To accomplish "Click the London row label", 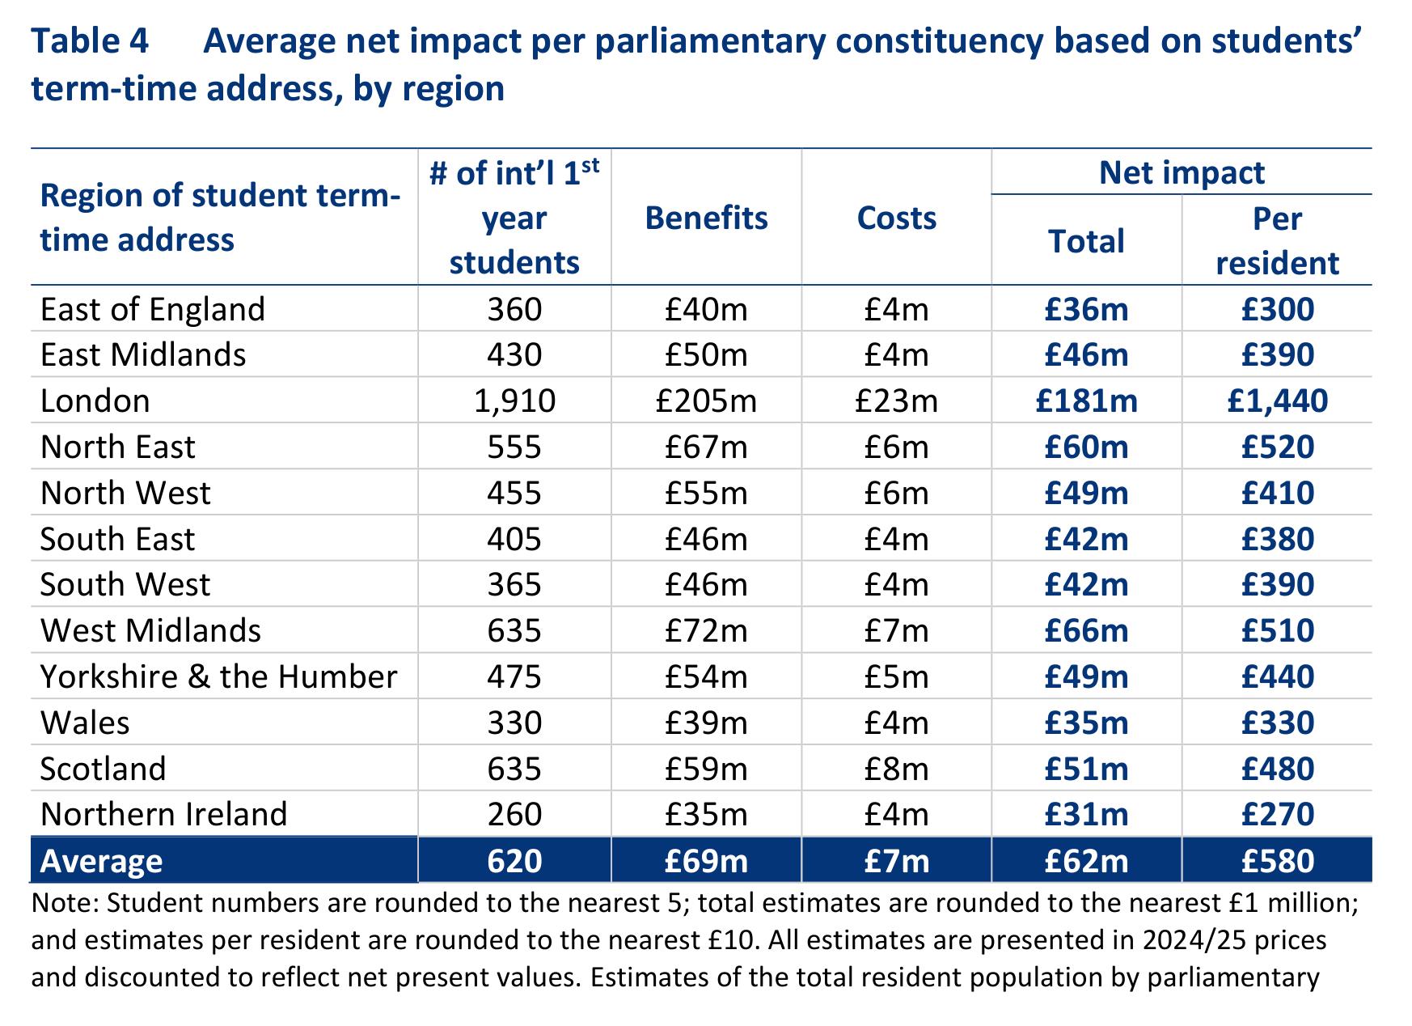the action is click(x=95, y=401).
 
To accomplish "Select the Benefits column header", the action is click(x=706, y=218).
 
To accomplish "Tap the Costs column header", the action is click(x=896, y=218).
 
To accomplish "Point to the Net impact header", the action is click(x=1182, y=172).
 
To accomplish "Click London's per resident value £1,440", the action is click(x=1278, y=401).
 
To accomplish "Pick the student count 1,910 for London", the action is click(x=514, y=401).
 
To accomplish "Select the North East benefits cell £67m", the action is click(x=706, y=447).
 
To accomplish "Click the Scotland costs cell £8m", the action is click(x=896, y=768).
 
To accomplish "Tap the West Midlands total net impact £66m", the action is click(x=1086, y=630).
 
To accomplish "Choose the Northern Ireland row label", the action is click(x=164, y=814).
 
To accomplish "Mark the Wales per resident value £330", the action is click(x=1278, y=723).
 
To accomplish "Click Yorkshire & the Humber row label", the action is click(x=219, y=676).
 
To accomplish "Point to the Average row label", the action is click(x=102, y=861).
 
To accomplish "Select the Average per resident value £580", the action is click(x=1278, y=861).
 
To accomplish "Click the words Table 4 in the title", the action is click(x=90, y=41).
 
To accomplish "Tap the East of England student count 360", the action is click(x=514, y=309).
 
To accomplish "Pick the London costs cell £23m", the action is click(x=896, y=401).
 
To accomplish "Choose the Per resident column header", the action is click(x=1278, y=241).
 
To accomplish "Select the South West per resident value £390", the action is click(x=1278, y=584).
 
